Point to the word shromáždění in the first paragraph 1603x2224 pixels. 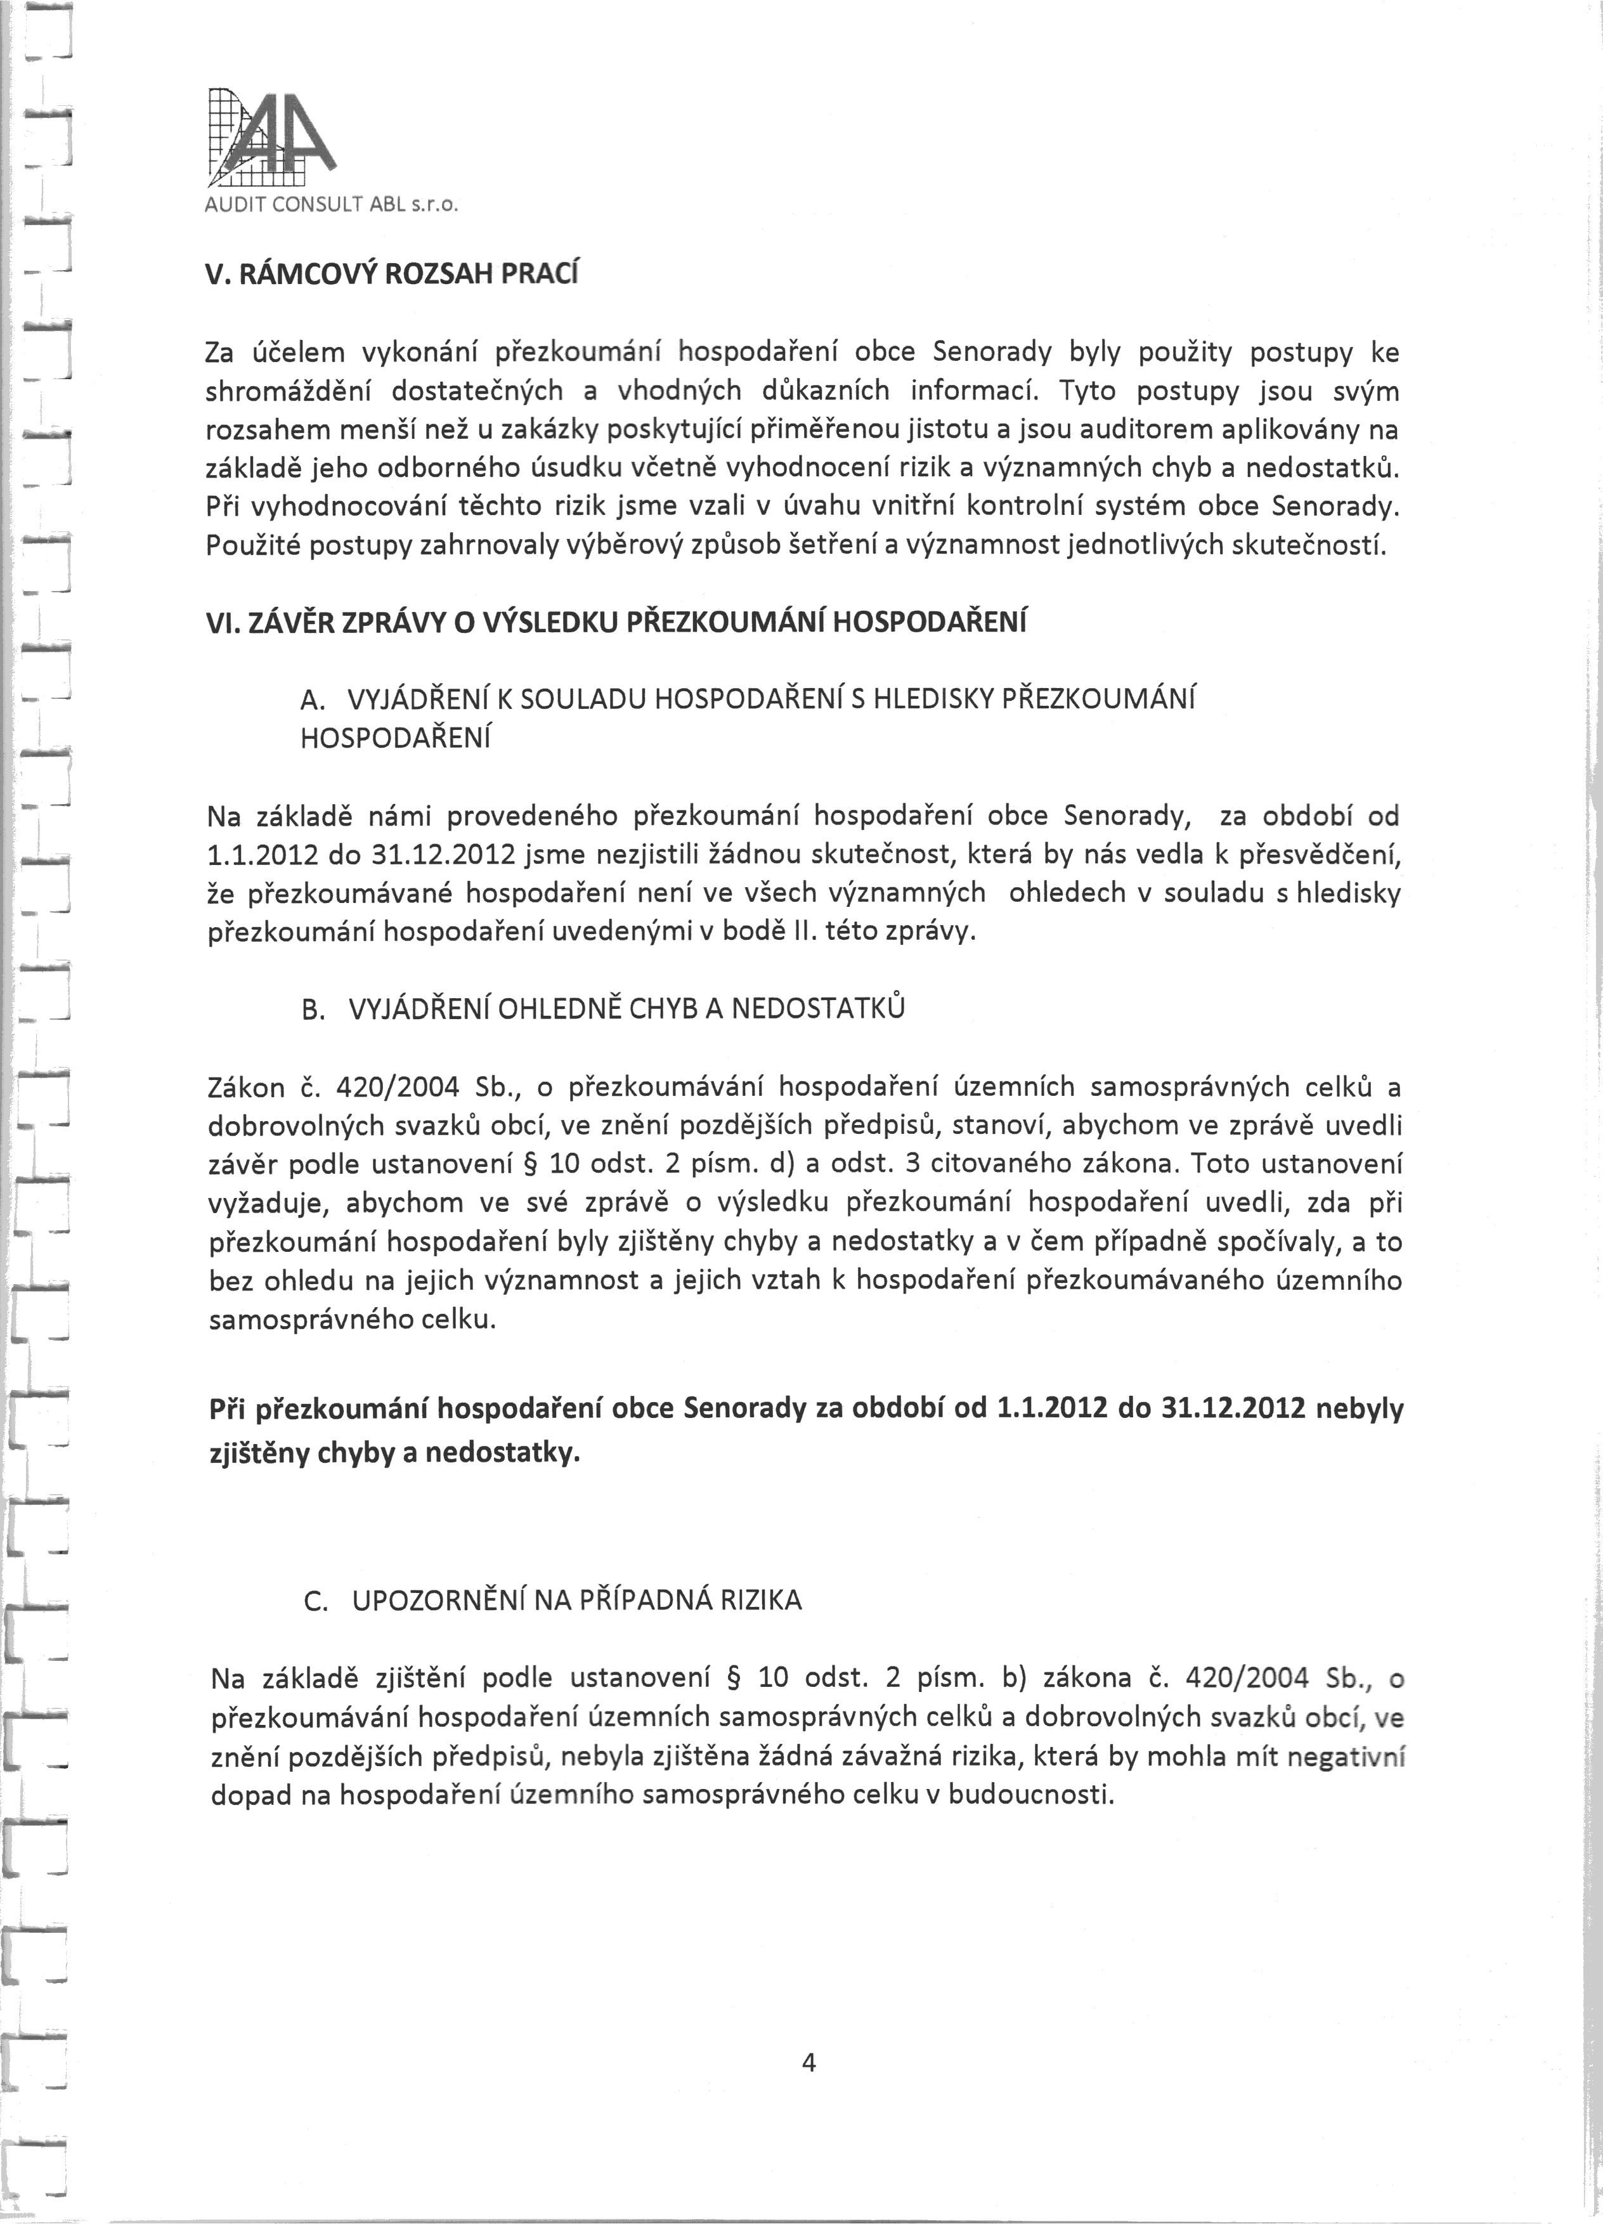coord(289,391)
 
